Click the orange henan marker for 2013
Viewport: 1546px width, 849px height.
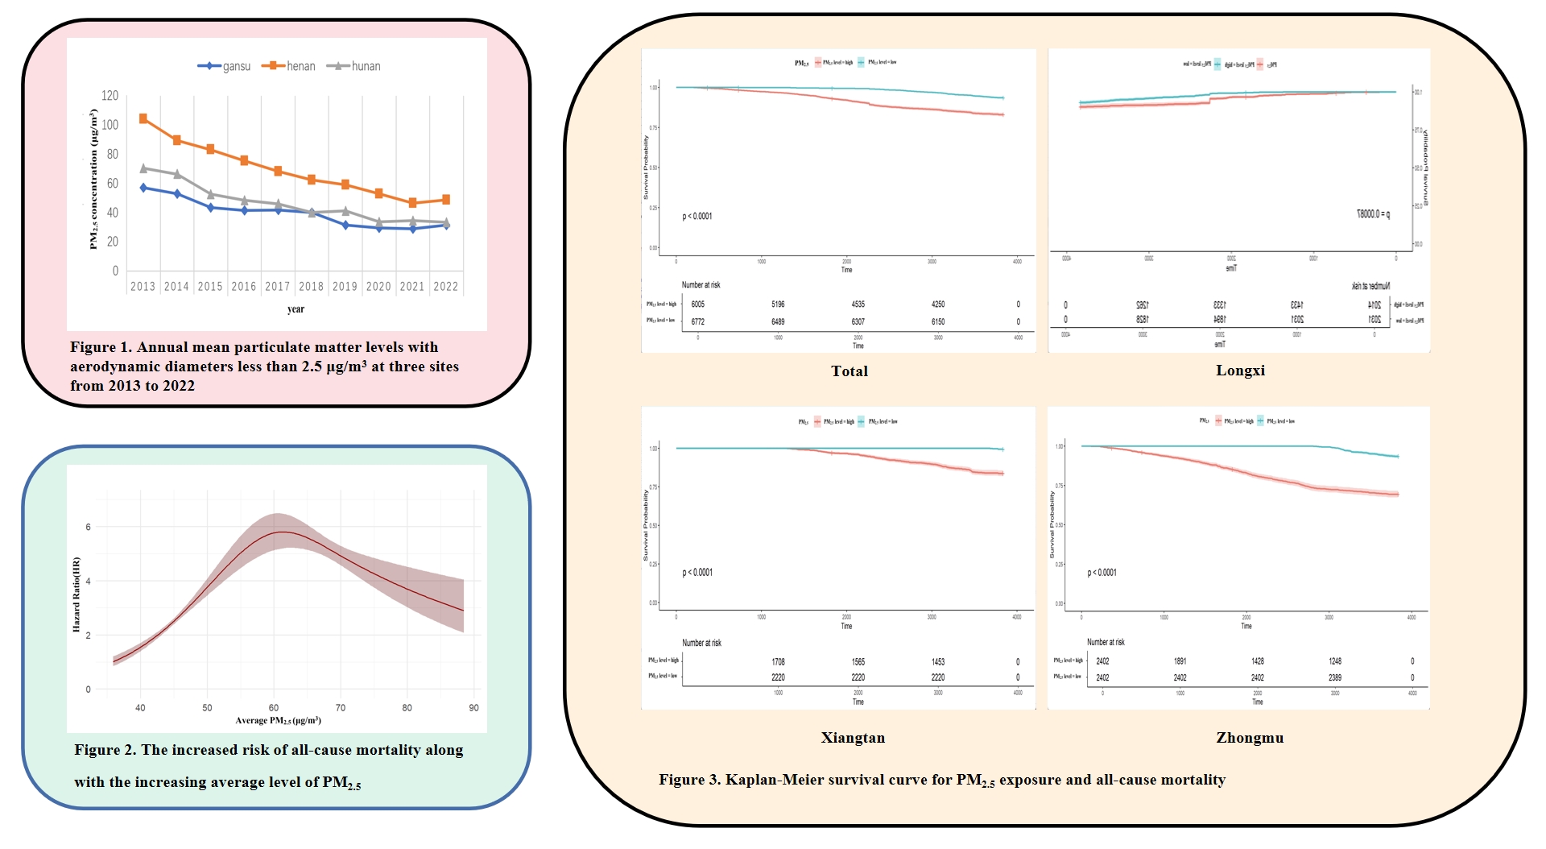pos(143,118)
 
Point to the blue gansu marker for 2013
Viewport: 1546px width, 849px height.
pos(143,188)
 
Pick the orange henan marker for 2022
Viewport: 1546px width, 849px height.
pos(446,200)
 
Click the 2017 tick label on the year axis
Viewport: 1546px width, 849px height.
pos(277,287)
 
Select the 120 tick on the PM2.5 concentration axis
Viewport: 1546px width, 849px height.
pos(110,96)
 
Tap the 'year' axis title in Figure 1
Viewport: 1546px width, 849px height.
pos(296,309)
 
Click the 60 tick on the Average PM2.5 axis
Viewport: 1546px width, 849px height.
pos(274,708)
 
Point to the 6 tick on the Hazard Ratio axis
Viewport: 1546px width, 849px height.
pos(89,527)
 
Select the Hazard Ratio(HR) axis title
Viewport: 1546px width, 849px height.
pos(76,594)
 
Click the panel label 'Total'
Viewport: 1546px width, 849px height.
pos(849,371)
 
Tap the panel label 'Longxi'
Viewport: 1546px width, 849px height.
pos(1240,371)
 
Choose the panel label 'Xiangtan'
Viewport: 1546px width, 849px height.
pos(853,738)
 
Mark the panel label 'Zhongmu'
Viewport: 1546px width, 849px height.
pos(1250,738)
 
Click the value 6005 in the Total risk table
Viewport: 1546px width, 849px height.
pos(697,304)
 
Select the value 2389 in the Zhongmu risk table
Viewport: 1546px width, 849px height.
pos(1334,678)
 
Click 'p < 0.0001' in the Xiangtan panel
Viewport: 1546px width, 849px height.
pos(697,573)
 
